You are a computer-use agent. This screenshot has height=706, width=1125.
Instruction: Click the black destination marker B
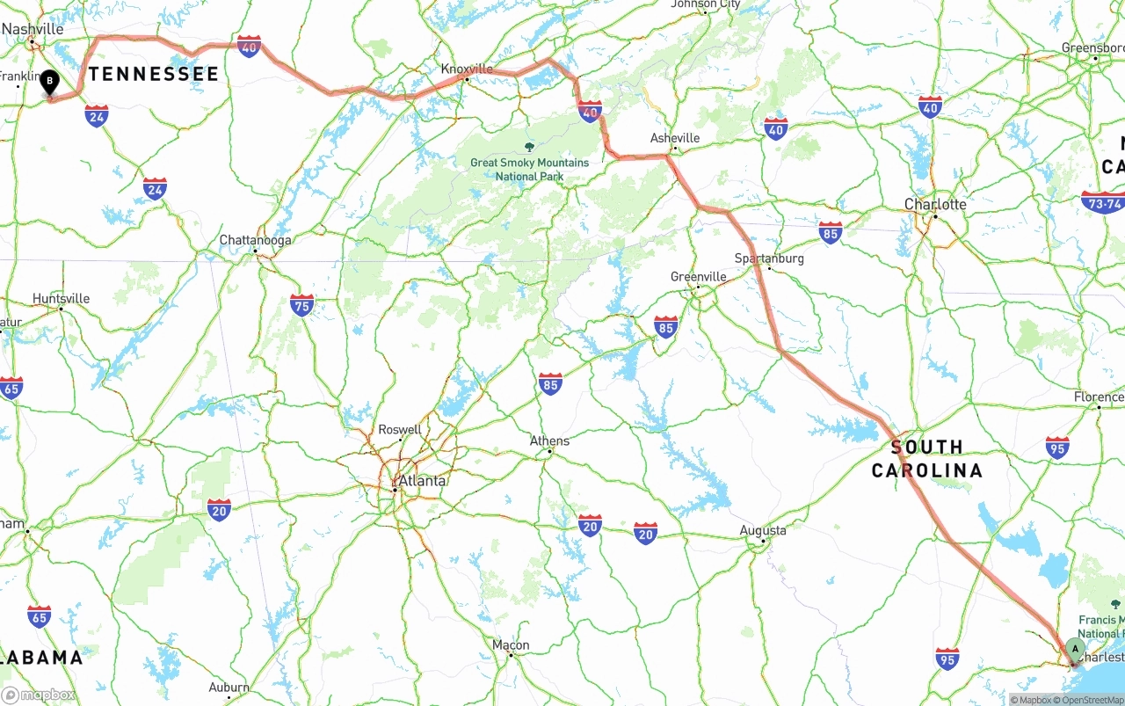(x=50, y=83)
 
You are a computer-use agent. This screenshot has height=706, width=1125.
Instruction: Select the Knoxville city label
(x=467, y=69)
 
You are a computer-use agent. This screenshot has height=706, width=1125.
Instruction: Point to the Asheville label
(x=675, y=138)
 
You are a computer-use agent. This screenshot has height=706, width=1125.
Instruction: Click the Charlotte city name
(x=935, y=204)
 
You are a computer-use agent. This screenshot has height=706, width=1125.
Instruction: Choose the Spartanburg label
(x=769, y=258)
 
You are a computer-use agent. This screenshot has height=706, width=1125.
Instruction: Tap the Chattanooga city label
(x=255, y=240)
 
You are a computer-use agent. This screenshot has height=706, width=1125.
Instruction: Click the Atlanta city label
(x=422, y=481)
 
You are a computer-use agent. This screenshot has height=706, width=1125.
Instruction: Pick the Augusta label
(x=763, y=530)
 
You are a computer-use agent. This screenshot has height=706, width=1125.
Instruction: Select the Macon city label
(x=511, y=645)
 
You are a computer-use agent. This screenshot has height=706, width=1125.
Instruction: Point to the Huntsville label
(x=61, y=299)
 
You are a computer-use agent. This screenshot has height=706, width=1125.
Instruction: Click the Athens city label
(x=549, y=441)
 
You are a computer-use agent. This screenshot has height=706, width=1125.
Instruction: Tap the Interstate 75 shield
(x=301, y=305)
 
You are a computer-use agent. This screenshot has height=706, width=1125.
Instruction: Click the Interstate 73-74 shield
(x=1103, y=203)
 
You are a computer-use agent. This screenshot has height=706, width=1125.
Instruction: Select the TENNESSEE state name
(x=153, y=74)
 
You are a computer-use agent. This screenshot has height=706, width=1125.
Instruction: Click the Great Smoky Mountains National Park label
(x=529, y=170)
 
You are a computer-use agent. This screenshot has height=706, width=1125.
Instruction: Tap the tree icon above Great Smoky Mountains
(x=529, y=147)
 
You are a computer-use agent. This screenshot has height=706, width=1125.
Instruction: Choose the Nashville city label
(x=33, y=29)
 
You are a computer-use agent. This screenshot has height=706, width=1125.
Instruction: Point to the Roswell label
(x=400, y=430)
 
